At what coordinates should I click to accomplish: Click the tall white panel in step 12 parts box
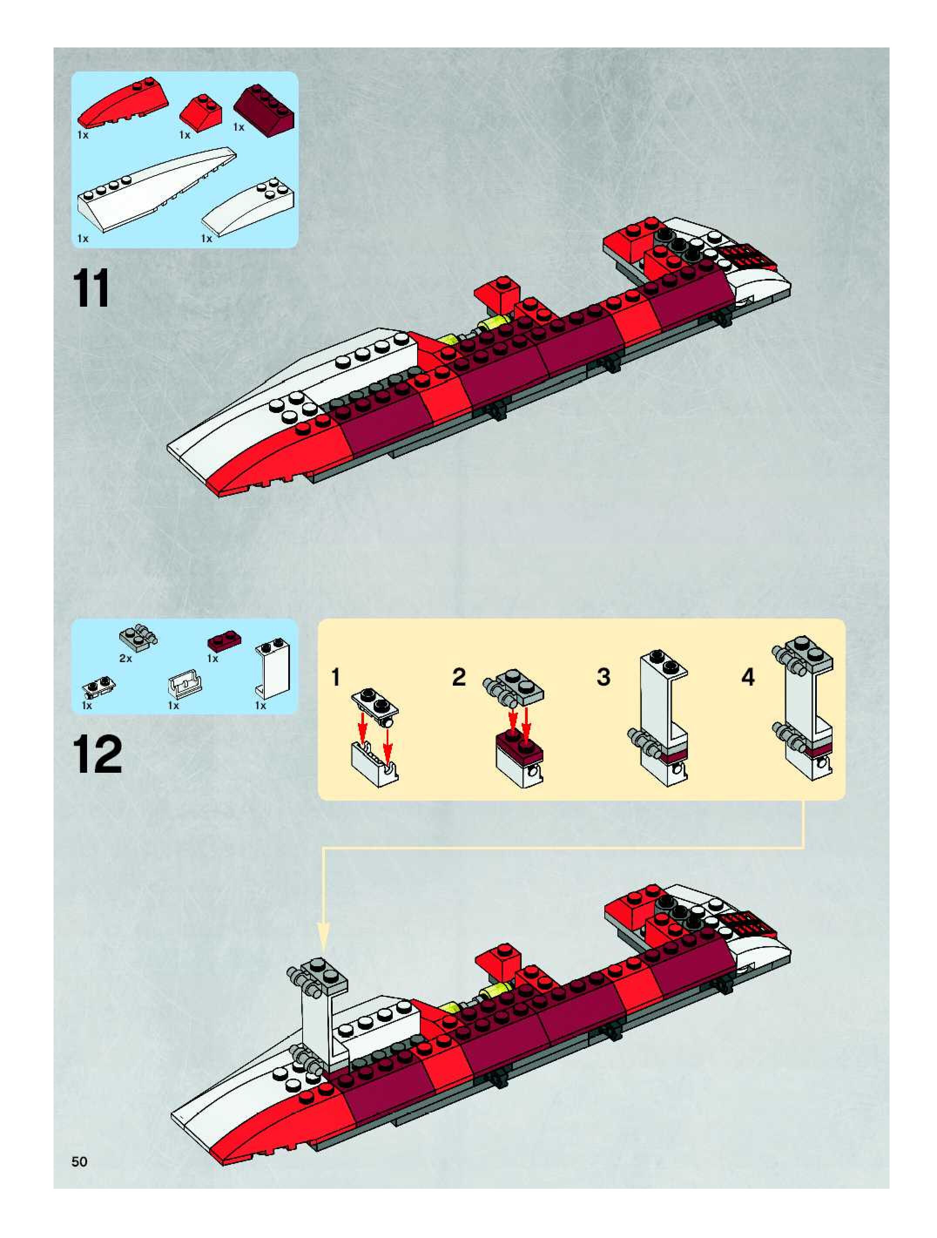click(x=273, y=668)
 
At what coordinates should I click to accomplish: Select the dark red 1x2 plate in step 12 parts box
click(x=224, y=639)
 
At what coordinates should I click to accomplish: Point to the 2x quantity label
click(x=125, y=659)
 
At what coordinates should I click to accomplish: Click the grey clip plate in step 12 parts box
click(x=138, y=636)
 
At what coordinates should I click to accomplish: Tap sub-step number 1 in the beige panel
click(x=336, y=677)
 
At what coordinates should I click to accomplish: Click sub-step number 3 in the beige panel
click(x=603, y=677)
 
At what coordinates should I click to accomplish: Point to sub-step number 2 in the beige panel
click(x=459, y=677)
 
